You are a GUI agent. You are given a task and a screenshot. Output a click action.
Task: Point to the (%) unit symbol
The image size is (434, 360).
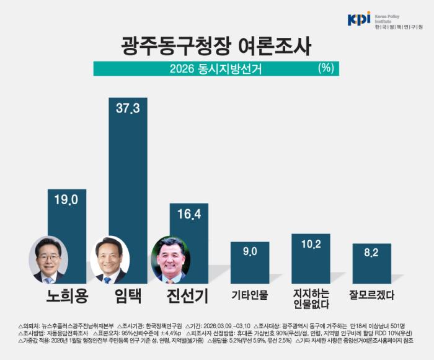point(325,68)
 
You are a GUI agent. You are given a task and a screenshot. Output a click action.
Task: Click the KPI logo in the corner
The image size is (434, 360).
point(360,19)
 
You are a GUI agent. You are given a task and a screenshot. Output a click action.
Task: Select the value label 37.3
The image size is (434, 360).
point(128,109)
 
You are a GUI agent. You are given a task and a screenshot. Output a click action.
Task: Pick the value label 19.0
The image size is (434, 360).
point(67,199)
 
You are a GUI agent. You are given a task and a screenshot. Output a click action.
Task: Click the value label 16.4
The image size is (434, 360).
point(188,214)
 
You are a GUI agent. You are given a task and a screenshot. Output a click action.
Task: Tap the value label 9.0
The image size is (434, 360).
point(249,251)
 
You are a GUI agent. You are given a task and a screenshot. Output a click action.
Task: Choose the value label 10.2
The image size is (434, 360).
point(311,245)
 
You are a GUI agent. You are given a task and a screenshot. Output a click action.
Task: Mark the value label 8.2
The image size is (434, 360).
point(371,253)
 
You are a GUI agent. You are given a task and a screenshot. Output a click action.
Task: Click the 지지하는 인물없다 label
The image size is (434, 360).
point(311,299)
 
